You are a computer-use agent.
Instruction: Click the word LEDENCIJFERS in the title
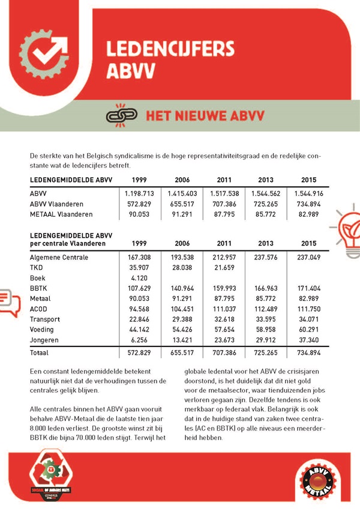[x=170, y=49]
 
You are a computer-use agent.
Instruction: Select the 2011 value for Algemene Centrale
[x=224, y=257]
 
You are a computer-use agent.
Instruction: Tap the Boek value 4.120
[x=140, y=278]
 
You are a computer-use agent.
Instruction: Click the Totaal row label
[x=40, y=353]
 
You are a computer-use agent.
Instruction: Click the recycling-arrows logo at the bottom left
[x=51, y=474]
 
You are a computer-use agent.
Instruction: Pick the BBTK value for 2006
[x=182, y=288]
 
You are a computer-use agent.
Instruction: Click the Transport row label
[x=45, y=319]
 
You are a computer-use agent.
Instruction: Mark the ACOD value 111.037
[x=224, y=309]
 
